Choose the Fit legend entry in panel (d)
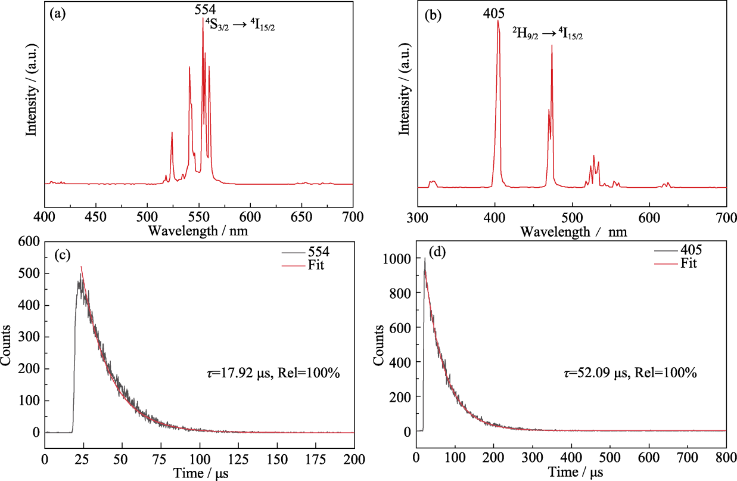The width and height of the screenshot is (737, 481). point(685,263)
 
